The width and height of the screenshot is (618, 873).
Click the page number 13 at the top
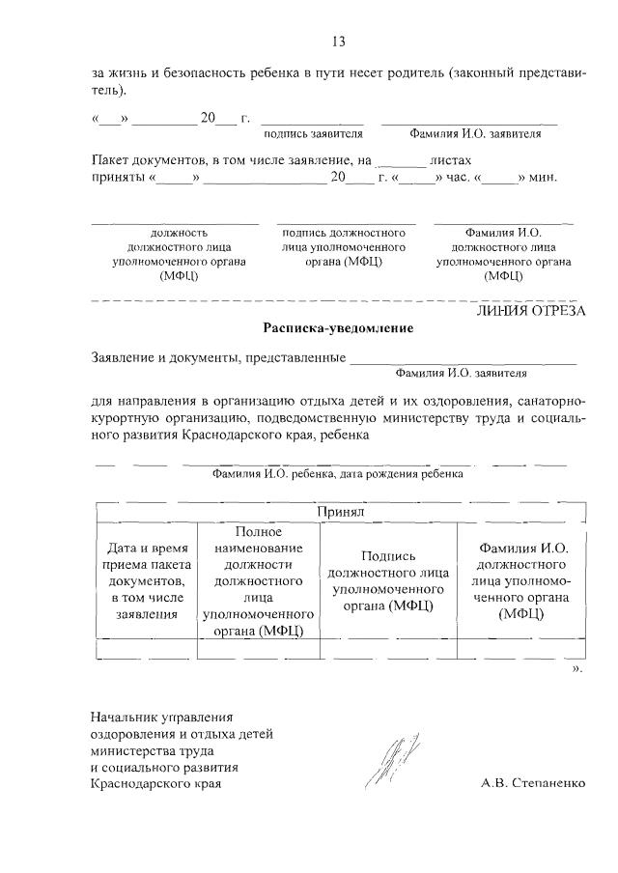[x=338, y=42]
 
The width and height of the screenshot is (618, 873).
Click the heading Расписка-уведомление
[x=338, y=328]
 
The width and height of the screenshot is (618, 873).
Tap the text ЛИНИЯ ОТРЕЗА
[x=531, y=310]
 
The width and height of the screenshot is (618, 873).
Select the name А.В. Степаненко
[x=532, y=783]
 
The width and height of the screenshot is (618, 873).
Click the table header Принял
[x=338, y=512]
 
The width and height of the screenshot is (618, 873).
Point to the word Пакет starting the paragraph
[x=110, y=160]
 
